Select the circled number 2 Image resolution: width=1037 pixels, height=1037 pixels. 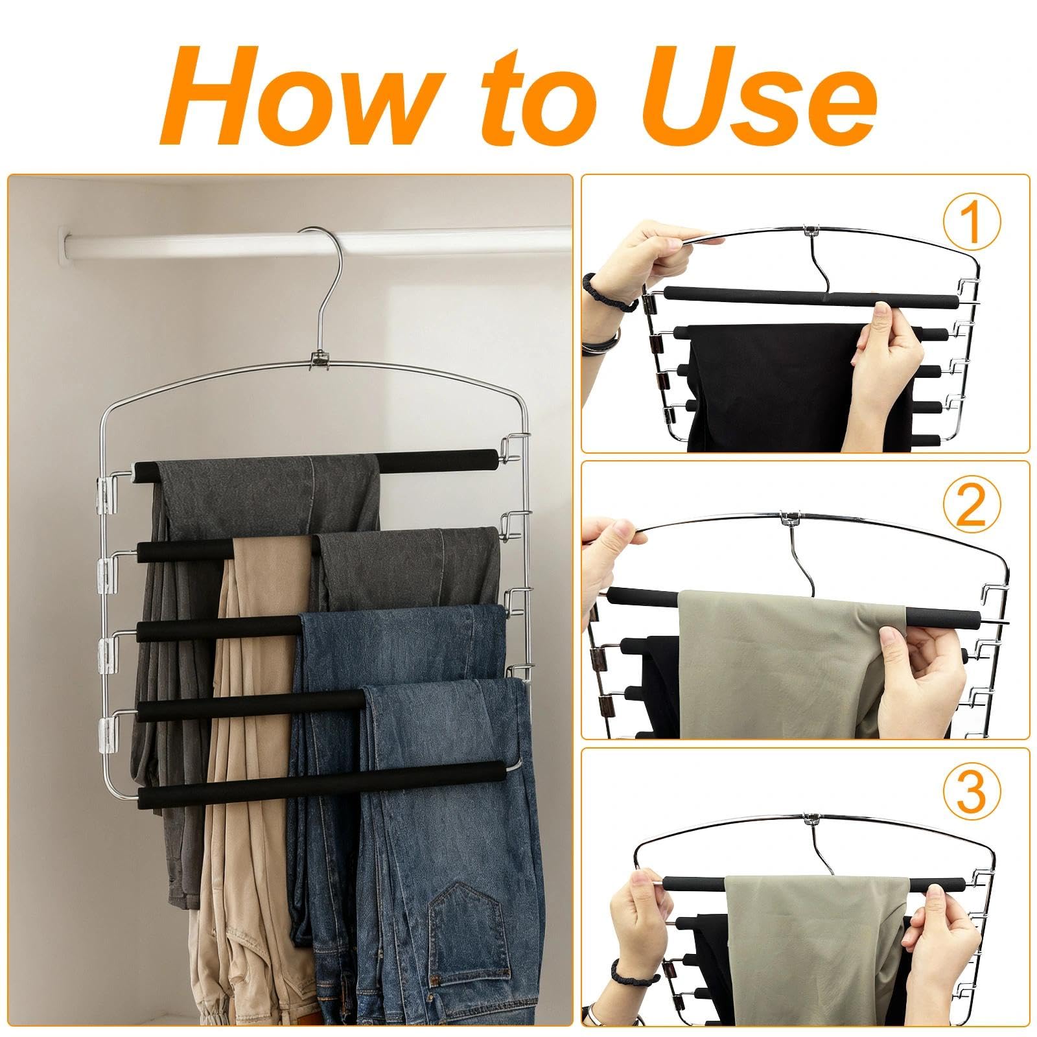pyautogui.click(x=970, y=507)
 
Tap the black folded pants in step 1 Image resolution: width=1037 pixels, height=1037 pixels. pyautogui.click(x=771, y=382)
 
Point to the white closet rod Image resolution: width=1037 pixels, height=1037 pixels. pyautogui.click(x=194, y=243)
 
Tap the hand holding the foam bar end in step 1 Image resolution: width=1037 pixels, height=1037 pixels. pyautogui.click(x=888, y=369)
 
